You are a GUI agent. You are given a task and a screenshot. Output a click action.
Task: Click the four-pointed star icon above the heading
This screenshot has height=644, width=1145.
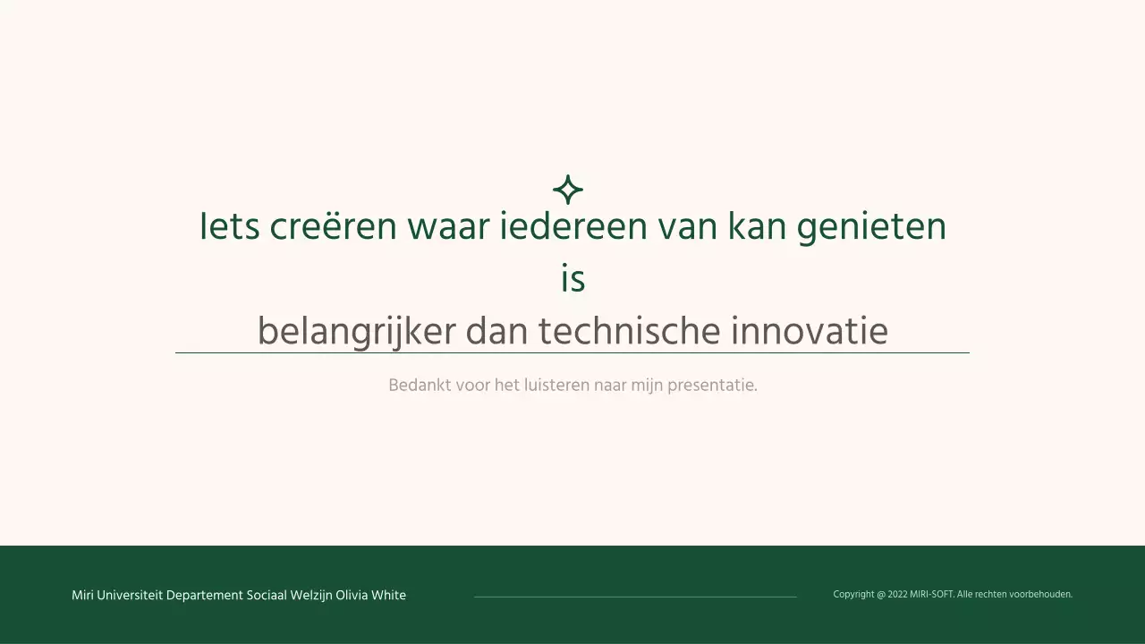click(x=568, y=190)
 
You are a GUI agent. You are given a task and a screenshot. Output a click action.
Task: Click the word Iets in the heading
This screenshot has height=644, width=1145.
click(x=229, y=227)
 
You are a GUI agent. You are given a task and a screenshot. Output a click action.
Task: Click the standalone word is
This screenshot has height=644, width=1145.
click(x=572, y=279)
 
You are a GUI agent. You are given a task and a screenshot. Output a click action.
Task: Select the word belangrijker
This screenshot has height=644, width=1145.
click(x=355, y=332)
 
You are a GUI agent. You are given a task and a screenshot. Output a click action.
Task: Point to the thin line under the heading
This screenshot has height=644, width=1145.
click(x=572, y=353)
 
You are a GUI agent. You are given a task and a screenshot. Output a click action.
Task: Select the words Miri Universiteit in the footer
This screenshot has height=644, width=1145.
click(x=117, y=596)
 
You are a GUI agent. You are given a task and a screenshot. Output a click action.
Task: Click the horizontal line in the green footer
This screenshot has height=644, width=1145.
click(x=635, y=597)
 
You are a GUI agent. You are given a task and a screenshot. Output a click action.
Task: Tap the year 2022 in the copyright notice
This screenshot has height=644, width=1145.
click(x=897, y=595)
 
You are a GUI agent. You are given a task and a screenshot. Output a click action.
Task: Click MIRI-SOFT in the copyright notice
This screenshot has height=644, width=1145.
click(x=931, y=595)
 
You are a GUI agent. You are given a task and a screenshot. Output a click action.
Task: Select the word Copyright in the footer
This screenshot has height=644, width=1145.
click(x=853, y=595)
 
